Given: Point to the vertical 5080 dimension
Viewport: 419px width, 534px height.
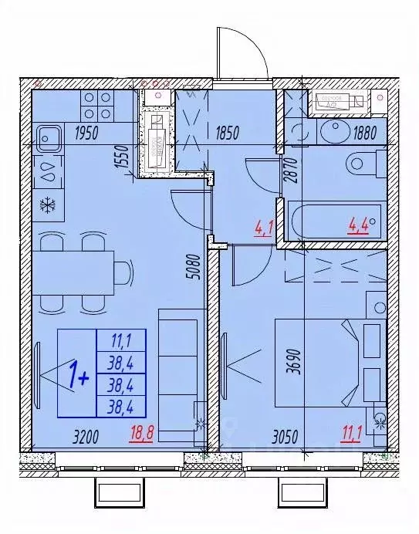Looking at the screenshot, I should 197,271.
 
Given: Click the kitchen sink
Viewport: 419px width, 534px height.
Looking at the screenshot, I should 49,140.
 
